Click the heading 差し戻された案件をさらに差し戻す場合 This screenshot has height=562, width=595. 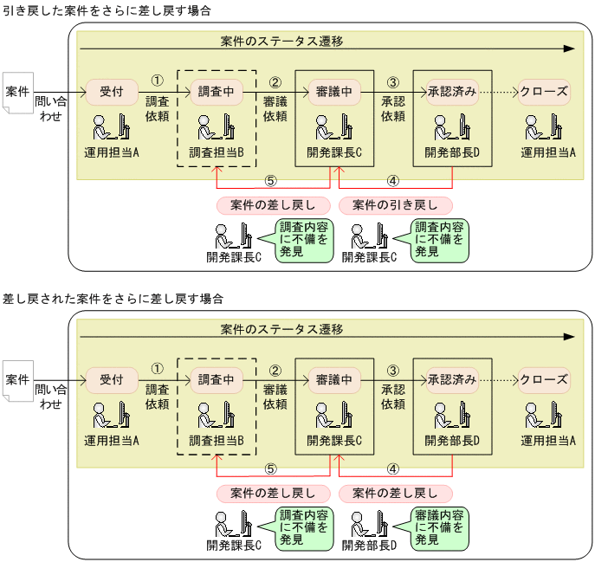(113, 299)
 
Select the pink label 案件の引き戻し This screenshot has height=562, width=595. (396, 205)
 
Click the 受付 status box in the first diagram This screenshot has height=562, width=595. (112, 91)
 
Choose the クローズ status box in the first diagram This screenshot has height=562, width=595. (544, 91)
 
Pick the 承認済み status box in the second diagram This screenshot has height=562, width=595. (451, 379)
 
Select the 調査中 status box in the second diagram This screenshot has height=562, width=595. (217, 379)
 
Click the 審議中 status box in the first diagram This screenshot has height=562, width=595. (334, 91)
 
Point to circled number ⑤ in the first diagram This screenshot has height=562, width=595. (270, 182)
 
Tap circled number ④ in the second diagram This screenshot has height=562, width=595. (392, 470)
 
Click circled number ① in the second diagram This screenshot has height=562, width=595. (157, 368)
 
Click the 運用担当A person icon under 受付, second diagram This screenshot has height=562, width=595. (112, 417)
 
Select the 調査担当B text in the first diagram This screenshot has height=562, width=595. (217, 152)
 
